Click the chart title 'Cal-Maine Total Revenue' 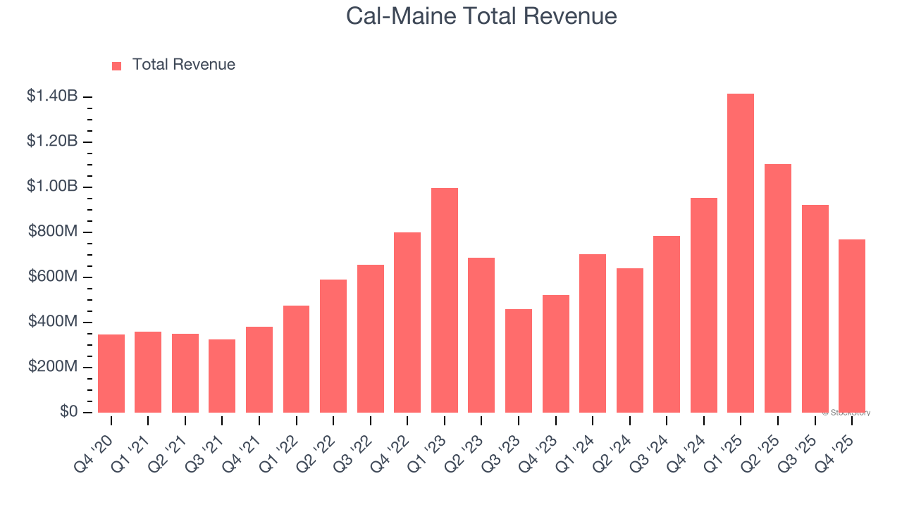481,16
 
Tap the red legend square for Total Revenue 117,65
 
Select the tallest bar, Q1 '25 741,253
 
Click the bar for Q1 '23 445,300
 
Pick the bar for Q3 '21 222,376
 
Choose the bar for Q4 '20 111,373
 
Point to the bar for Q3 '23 519,361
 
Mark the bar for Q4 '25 852,325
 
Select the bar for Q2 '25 778,288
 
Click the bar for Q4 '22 407,323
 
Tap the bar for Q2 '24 630,340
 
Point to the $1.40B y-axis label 52,96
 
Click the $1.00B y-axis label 52,187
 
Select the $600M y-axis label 53,277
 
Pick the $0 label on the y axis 68,412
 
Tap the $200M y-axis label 53,367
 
